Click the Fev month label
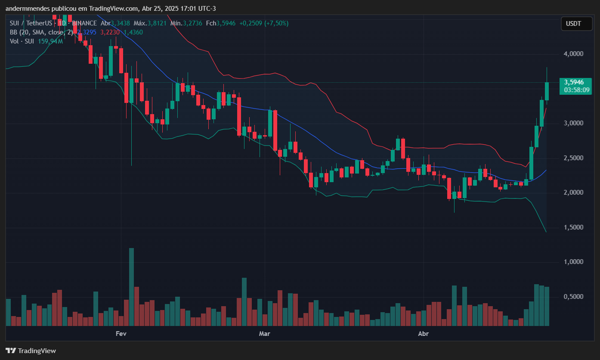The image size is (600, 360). click(121, 334)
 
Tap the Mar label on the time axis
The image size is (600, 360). click(264, 334)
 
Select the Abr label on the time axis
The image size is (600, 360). click(424, 334)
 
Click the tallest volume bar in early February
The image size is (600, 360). click(131, 286)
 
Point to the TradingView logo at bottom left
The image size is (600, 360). click(31, 351)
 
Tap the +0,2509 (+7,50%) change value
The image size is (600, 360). click(264, 23)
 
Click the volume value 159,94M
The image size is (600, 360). click(51, 41)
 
